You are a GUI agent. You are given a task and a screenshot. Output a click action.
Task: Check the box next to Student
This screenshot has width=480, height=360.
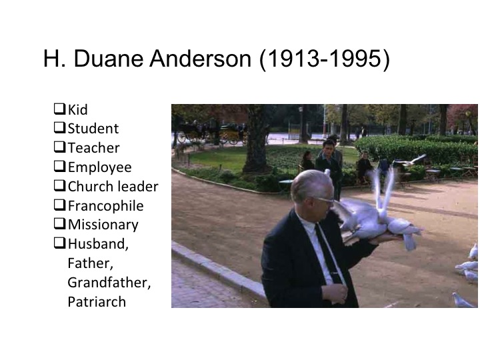59,127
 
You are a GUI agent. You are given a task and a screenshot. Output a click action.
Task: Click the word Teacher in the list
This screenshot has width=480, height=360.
93,147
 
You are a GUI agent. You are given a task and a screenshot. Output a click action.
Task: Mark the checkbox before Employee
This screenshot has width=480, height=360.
59,167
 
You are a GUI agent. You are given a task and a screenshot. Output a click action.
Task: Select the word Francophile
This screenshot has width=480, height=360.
105,205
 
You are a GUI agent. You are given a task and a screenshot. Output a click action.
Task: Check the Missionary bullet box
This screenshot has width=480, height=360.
59,225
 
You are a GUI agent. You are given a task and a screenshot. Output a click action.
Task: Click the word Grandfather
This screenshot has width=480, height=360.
109,282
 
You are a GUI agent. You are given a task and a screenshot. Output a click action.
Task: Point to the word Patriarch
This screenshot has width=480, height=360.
97,301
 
